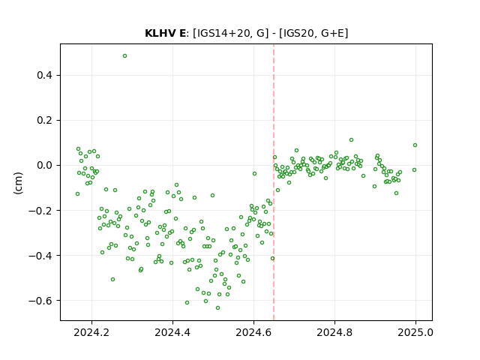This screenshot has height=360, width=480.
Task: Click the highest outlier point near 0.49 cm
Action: (124, 56)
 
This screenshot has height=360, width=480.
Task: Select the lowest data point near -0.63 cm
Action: (217, 307)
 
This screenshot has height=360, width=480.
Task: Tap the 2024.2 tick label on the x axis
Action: (91, 332)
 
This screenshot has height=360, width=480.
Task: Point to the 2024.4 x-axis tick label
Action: (172, 332)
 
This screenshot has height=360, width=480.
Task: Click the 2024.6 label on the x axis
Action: (253, 332)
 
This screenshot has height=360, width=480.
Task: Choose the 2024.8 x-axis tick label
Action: (334, 332)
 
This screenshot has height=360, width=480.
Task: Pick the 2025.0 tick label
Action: (415, 332)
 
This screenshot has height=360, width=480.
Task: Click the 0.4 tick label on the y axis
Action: (44, 75)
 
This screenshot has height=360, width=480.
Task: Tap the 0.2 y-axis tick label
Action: (44, 120)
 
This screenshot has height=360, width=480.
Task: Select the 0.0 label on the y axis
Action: (44, 165)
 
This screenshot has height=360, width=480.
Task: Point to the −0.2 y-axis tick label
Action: (40, 210)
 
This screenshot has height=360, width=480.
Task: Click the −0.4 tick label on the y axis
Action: (40, 255)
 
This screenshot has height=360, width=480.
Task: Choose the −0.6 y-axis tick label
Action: (40, 300)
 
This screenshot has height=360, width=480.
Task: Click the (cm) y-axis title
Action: (18, 183)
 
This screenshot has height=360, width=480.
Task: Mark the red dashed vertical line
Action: (274, 182)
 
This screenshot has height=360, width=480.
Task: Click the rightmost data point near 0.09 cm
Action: (415, 145)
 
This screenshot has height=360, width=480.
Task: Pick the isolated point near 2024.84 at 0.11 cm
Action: (352, 140)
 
